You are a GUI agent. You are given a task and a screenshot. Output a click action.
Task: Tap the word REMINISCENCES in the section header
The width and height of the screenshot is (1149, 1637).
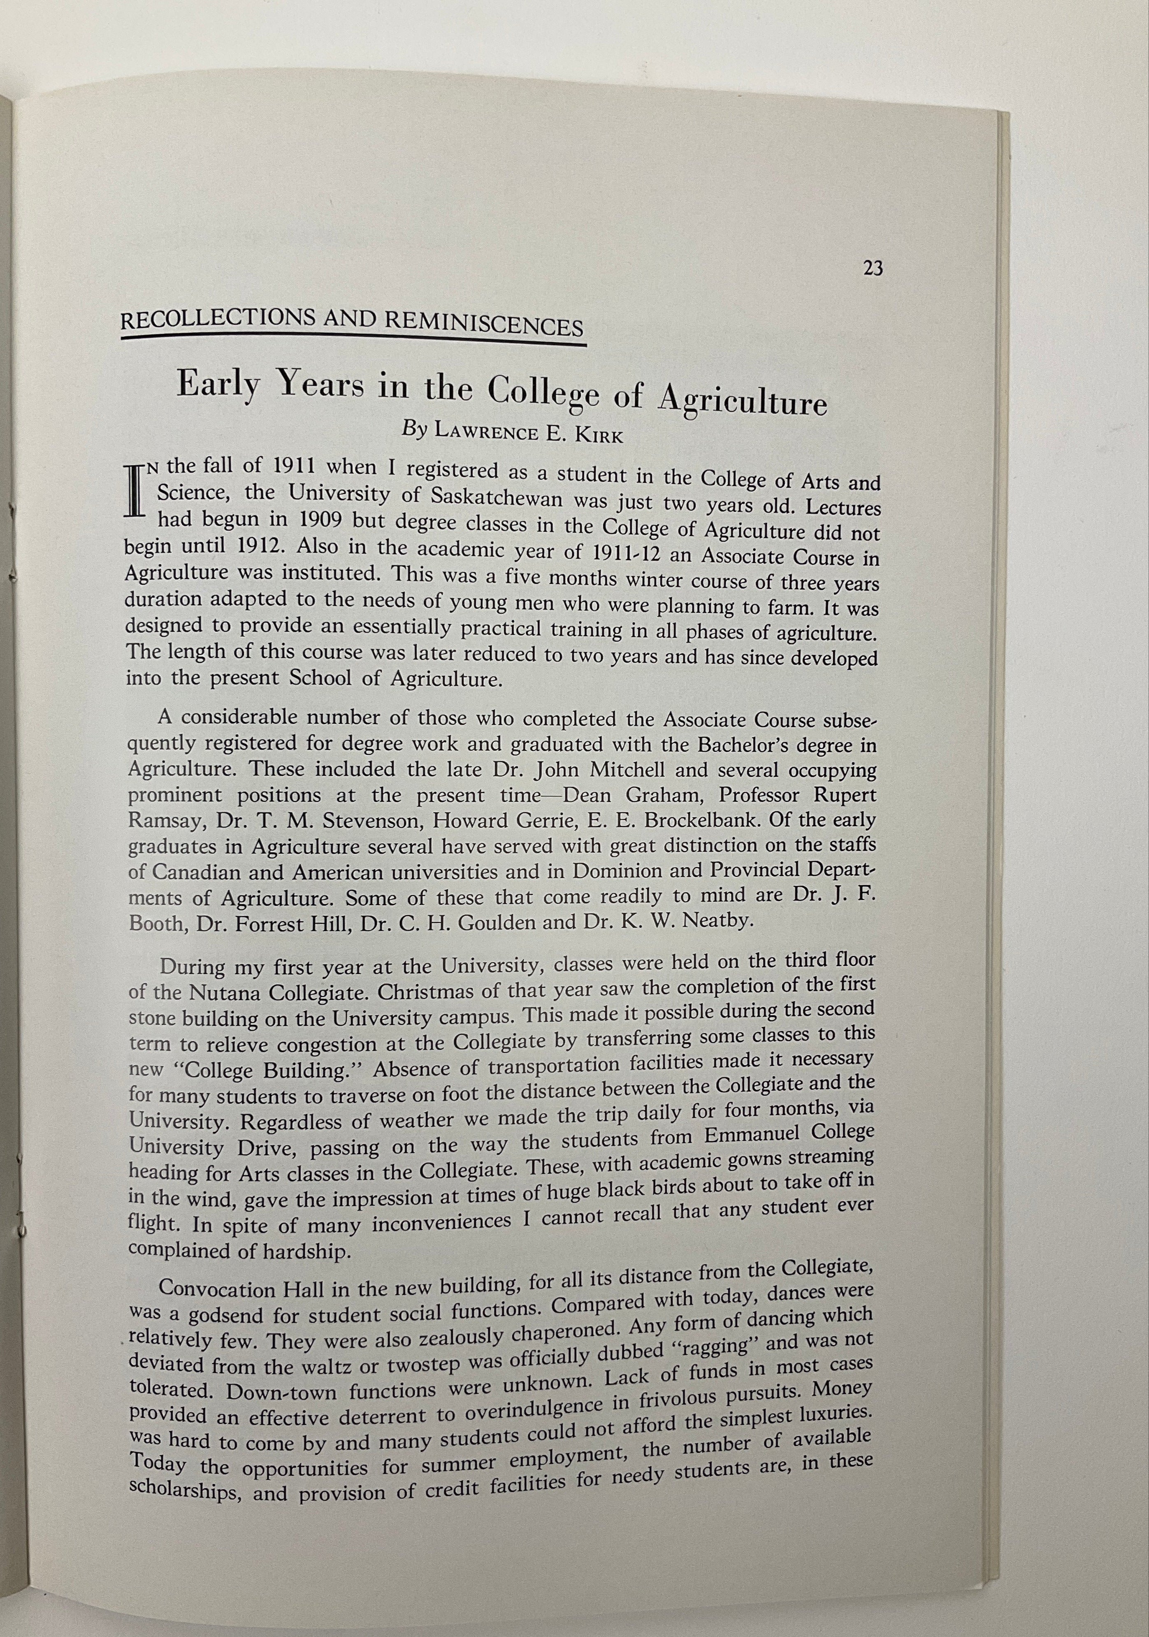pos(483,325)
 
